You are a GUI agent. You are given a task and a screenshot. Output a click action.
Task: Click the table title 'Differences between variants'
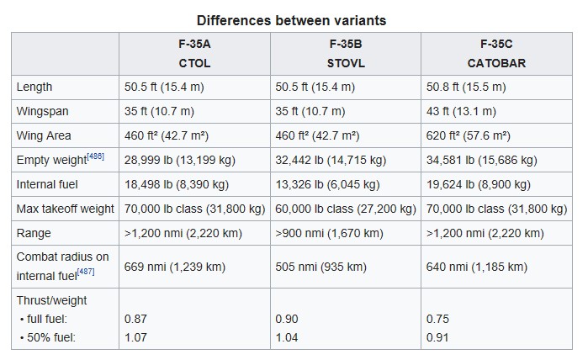(291, 19)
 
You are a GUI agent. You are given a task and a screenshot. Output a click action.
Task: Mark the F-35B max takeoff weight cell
(346, 209)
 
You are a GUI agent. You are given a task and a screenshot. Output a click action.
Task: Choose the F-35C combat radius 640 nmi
(477, 267)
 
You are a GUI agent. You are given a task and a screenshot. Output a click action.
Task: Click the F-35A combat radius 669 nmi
(175, 267)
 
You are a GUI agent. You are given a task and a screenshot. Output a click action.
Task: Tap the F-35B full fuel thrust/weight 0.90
(287, 319)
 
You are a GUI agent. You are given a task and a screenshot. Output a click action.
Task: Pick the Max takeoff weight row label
(64, 209)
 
